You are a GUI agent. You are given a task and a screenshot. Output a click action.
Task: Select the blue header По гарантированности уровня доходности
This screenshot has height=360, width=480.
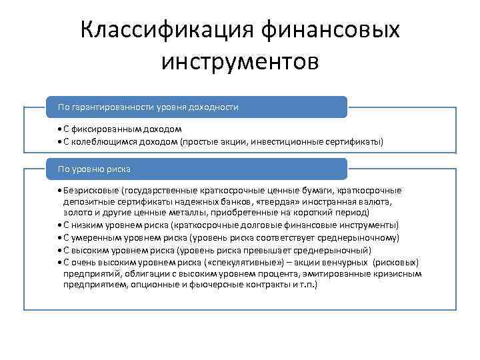[x=197, y=107]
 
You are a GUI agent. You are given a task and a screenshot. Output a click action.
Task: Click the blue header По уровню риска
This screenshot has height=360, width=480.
[x=197, y=169]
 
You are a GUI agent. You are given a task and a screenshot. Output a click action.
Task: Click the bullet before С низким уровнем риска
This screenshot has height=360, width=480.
[x=59, y=226]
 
